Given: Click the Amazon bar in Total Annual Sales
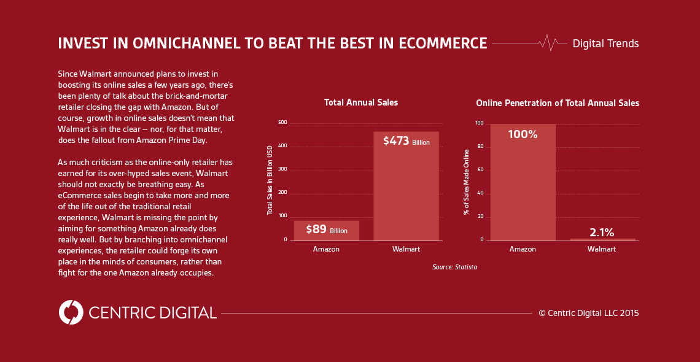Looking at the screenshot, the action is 326,231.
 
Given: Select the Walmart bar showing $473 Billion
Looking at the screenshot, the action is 406,186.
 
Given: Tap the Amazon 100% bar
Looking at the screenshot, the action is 523,182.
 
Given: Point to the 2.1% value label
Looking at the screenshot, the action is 602,232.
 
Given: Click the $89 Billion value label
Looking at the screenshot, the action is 326,229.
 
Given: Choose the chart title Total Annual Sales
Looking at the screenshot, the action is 361,102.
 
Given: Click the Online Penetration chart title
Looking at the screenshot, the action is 558,102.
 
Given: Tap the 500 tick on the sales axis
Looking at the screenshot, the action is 282,123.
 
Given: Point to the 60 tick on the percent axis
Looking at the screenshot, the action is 481,171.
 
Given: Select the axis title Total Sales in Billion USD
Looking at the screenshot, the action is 270,180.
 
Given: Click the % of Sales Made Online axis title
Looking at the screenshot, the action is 466,182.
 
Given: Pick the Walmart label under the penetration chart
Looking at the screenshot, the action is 602,248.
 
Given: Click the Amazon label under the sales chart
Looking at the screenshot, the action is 326,248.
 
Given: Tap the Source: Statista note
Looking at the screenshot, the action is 451,267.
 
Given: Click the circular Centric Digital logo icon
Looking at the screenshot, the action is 71,312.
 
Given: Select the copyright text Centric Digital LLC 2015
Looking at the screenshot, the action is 589,313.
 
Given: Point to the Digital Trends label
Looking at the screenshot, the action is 606,44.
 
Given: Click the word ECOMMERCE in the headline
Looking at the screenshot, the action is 443,43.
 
